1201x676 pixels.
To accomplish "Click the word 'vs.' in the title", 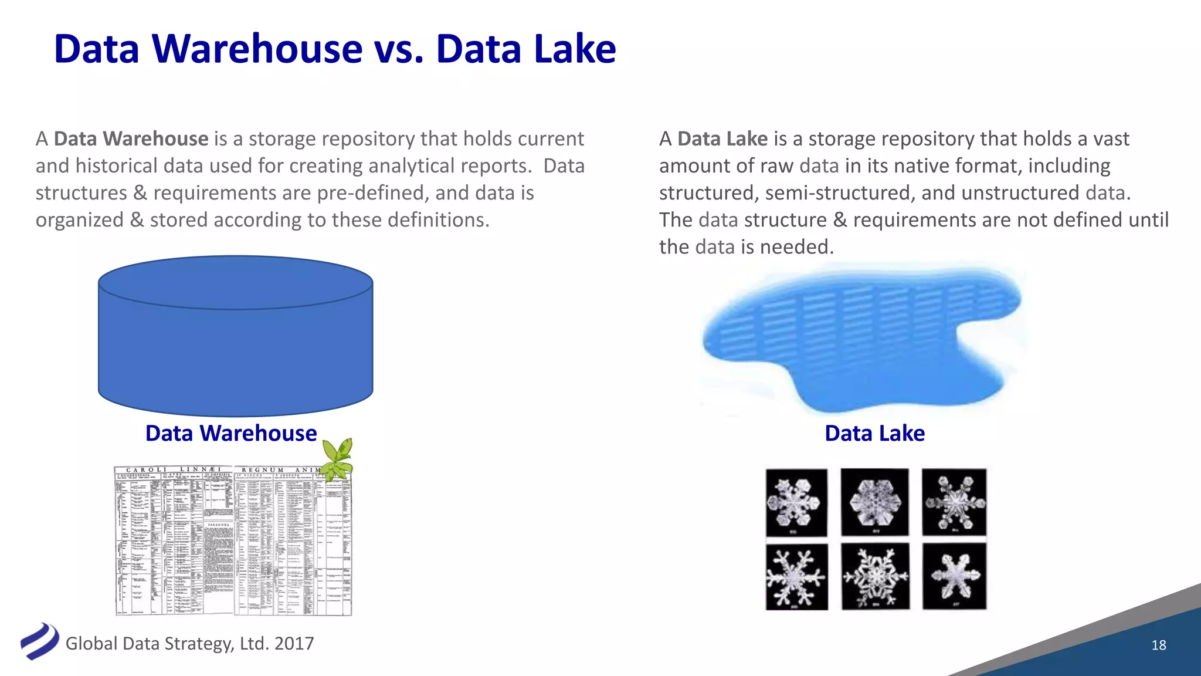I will [x=398, y=49].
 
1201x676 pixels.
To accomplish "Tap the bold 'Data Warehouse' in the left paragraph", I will [x=131, y=139].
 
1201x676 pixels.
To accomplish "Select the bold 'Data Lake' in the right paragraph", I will [x=722, y=139].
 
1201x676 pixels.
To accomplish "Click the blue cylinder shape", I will [x=235, y=346].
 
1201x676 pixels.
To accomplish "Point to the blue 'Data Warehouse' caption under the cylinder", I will [x=231, y=434].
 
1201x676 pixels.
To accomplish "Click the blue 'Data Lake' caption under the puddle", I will [x=874, y=434].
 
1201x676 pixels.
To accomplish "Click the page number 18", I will [x=1158, y=645].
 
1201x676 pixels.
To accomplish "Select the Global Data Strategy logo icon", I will [x=39, y=641].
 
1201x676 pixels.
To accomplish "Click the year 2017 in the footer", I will [x=294, y=644].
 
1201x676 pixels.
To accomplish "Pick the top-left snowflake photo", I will [x=796, y=502].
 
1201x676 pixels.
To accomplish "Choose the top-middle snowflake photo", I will [x=874, y=502].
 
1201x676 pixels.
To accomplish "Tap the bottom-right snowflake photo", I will [x=954, y=576].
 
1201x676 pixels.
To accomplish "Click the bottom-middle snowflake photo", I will [x=875, y=576].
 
